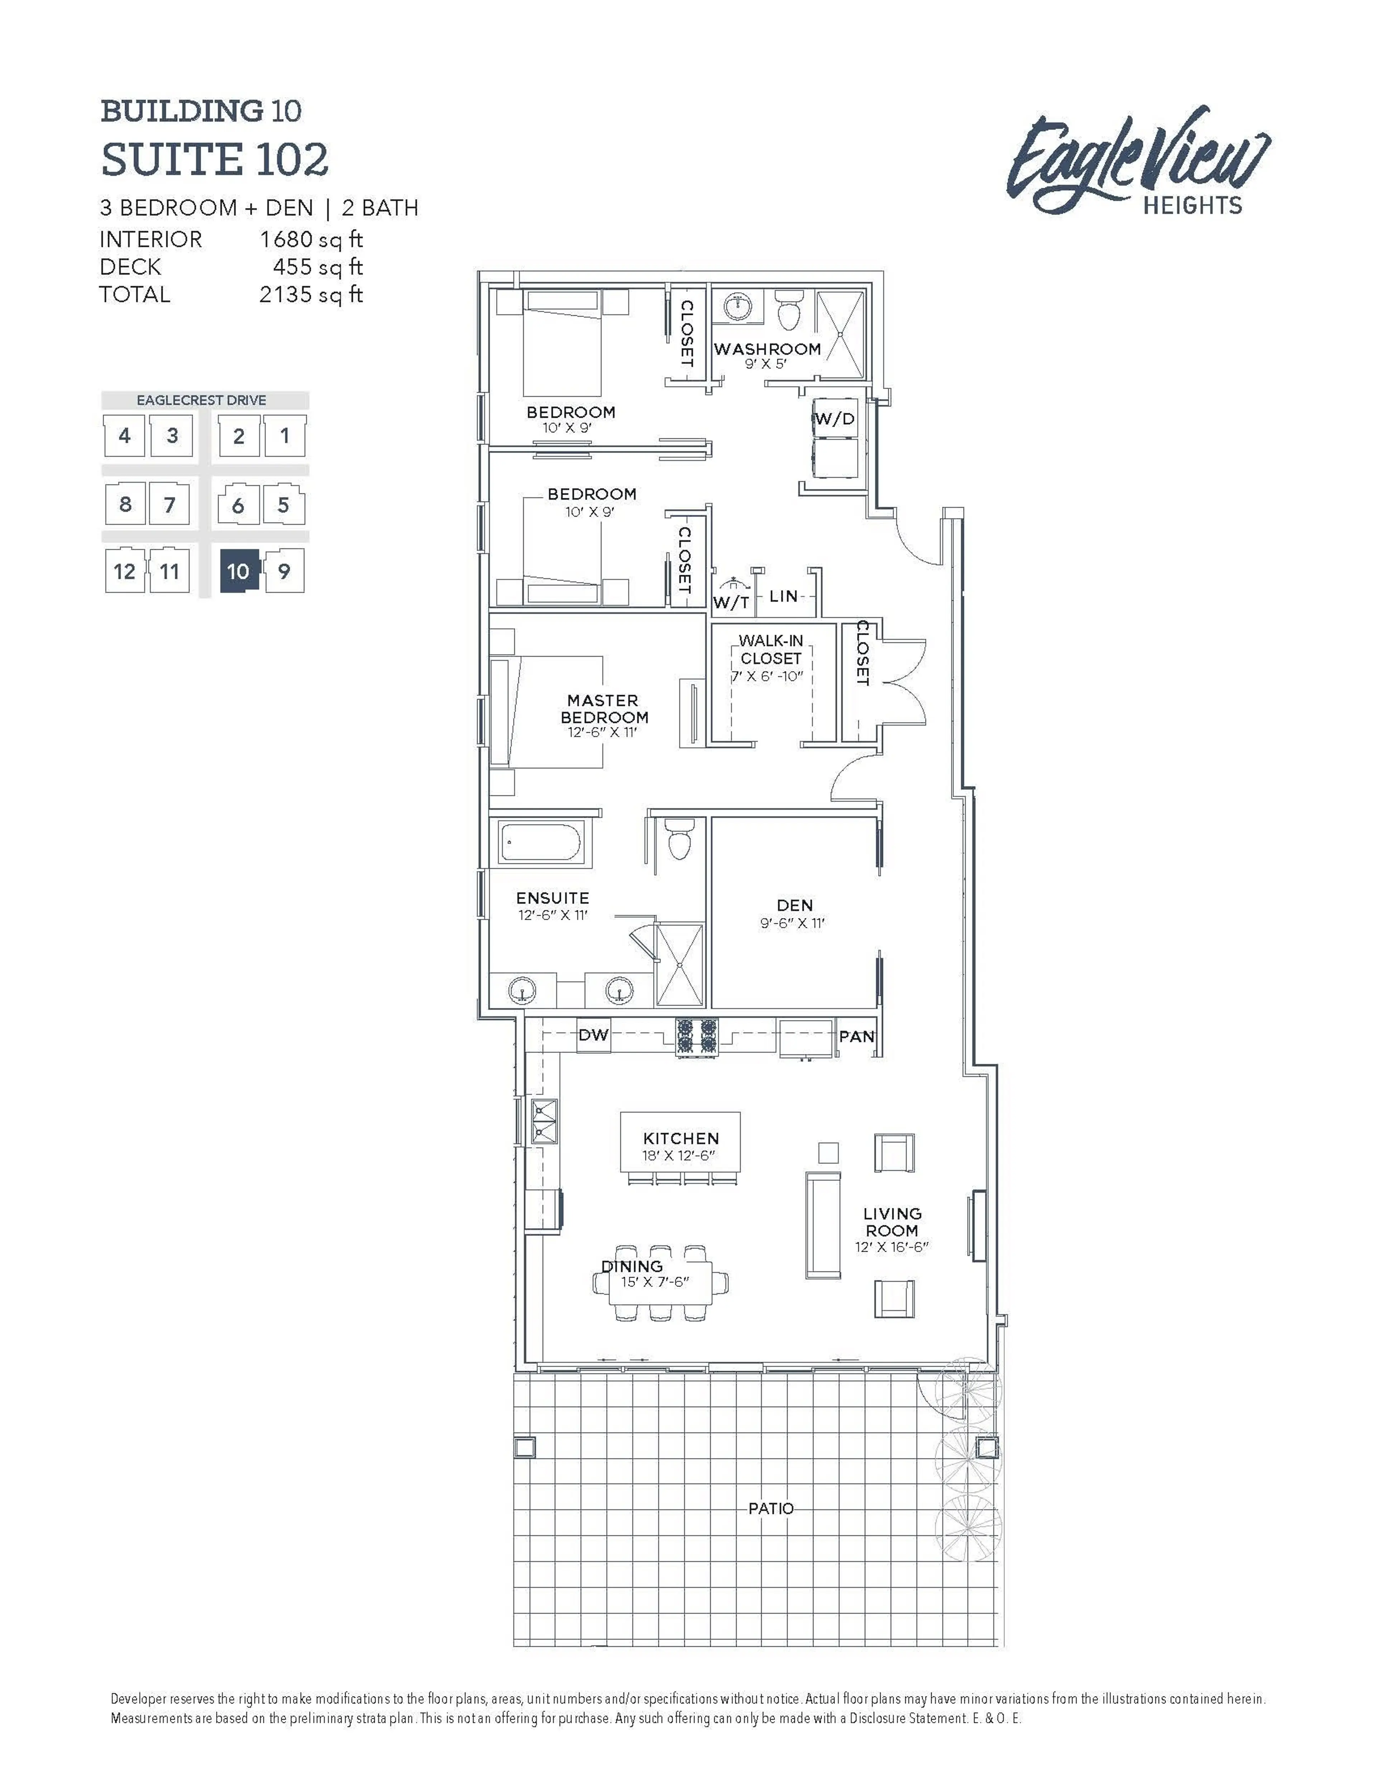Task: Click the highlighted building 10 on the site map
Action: coord(238,571)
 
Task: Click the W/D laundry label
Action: coord(835,419)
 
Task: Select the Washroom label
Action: coord(767,349)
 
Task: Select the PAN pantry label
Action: coord(857,1037)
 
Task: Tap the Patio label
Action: coord(770,1509)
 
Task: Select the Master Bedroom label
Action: coord(603,709)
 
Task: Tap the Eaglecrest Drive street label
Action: coord(201,400)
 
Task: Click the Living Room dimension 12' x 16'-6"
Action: coord(892,1247)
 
